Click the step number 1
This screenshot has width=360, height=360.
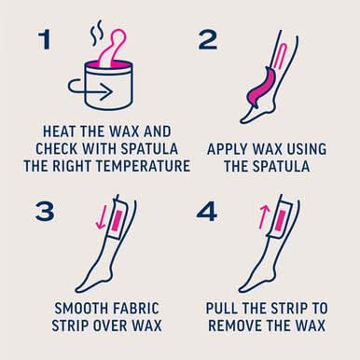(x=46, y=39)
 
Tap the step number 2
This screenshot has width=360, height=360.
(x=208, y=40)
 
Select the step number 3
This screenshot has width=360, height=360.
(x=45, y=211)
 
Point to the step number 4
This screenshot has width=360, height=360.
(x=207, y=212)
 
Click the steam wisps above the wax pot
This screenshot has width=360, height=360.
(x=96, y=33)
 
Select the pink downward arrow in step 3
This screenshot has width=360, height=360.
(x=102, y=217)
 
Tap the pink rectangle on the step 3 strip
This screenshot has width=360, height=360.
(x=117, y=220)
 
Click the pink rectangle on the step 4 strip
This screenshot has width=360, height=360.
(x=280, y=222)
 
